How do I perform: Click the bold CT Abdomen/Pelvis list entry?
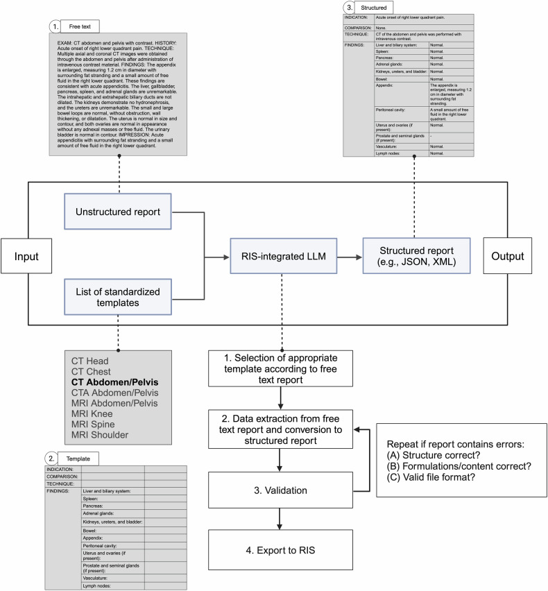(115, 382)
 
